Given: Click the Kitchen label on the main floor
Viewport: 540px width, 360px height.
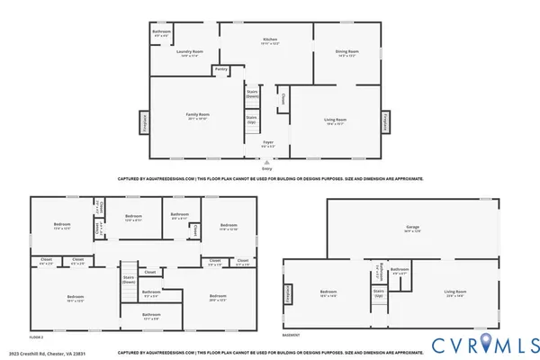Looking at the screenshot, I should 269,40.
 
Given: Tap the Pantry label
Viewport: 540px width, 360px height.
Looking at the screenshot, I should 221,69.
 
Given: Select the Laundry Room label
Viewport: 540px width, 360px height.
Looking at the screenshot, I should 188,51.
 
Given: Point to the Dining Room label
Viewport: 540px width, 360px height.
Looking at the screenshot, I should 346,51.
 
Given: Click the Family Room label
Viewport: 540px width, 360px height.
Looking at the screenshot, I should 197,115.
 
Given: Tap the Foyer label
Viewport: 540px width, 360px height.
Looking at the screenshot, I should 267,142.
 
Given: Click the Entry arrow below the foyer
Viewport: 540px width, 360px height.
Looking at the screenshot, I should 266,162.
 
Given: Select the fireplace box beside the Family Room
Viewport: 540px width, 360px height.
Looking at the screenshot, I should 142,121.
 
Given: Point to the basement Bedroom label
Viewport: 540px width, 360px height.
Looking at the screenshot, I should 328,292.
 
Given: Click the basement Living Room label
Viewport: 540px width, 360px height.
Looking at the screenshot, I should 454,292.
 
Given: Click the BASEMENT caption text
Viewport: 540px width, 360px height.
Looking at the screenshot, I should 292,335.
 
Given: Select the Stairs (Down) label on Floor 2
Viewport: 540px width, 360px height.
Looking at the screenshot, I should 129,279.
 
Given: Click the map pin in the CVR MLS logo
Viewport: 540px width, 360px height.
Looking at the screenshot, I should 485,343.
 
